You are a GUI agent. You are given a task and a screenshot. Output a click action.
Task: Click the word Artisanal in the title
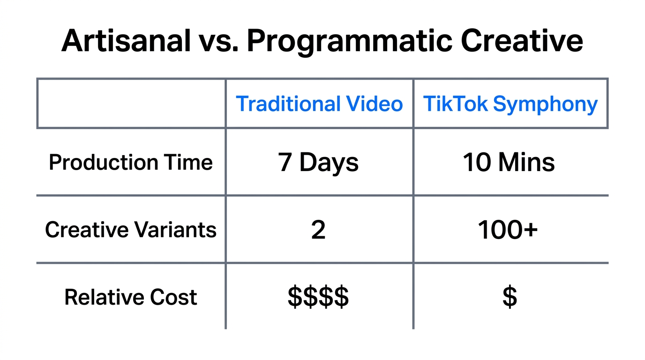pos(125,41)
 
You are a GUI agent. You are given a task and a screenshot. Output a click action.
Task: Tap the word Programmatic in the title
pos(349,41)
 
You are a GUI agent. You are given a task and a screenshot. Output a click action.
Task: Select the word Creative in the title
pos(521,41)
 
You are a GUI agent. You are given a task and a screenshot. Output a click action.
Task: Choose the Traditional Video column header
pos(319,104)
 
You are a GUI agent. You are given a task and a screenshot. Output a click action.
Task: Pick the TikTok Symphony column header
pos(510,104)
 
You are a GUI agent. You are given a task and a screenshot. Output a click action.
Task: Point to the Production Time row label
pos(131,163)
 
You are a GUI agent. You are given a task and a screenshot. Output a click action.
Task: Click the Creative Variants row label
pos(131,230)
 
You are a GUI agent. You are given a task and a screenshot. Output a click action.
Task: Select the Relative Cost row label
pos(131,297)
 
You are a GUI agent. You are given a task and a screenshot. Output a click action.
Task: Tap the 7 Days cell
pos(318,163)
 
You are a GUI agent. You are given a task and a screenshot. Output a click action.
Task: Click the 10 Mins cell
pos(509,163)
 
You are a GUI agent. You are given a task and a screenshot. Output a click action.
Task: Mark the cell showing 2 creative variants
pos(318,230)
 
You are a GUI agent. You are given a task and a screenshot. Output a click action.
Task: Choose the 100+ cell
pos(508,230)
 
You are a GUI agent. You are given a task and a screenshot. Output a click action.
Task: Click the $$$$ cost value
pos(318,297)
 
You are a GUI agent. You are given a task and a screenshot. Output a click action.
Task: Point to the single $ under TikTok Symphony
pos(510,297)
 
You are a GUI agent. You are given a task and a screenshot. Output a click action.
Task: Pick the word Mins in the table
pos(526,163)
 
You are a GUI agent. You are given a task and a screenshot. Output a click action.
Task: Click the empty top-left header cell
pos(131,104)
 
